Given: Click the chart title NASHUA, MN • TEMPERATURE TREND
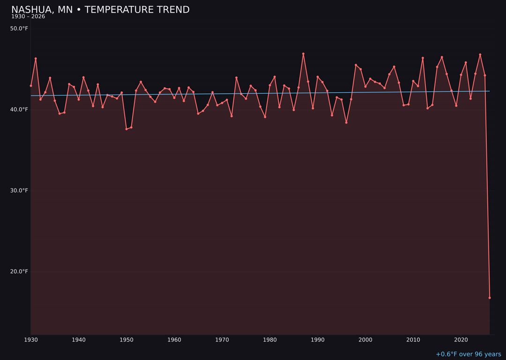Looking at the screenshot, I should (x=100, y=10).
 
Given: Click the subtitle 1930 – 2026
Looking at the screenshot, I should (x=28, y=17).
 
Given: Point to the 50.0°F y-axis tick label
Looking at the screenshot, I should (x=19, y=29).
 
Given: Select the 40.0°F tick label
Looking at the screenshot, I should (x=19, y=110).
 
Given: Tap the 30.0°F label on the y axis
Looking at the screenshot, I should (x=19, y=190).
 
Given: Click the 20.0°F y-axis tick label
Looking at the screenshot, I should (x=19, y=271).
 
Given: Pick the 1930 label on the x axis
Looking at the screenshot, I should (x=31, y=340).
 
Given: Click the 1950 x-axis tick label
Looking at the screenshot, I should (x=126, y=340).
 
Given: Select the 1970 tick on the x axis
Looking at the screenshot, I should (x=222, y=340).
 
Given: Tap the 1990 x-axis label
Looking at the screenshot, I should (x=318, y=340).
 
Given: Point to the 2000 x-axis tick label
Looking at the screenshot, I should (x=365, y=340).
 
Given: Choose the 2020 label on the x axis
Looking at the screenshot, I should (x=461, y=340).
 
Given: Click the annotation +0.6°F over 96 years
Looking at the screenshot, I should (x=468, y=354).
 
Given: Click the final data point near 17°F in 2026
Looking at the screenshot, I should (x=490, y=298).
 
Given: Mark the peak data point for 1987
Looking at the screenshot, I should (x=303, y=54).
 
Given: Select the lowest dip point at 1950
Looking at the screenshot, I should (x=126, y=129).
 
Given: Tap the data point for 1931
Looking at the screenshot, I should (x=36, y=59).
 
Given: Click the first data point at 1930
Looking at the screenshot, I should (x=31, y=86).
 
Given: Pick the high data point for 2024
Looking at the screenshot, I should (x=480, y=55).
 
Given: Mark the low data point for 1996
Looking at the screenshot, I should (x=346, y=122).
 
